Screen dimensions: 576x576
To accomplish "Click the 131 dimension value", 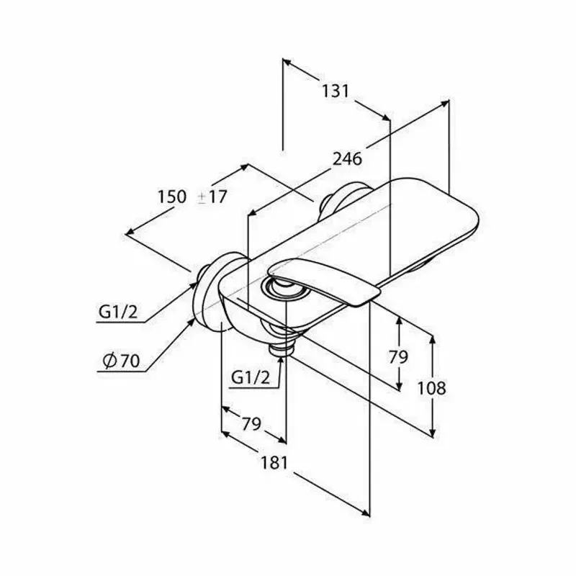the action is tap(336, 91).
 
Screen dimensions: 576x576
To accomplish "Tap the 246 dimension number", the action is tap(347, 159).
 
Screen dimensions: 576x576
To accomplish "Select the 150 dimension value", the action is tap(172, 197).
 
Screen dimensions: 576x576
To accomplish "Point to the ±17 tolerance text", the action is tap(212, 197).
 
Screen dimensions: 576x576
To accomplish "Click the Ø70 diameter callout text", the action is tap(122, 361).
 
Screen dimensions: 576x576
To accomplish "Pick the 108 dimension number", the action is tap(432, 388).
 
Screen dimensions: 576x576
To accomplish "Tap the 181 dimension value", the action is tap(274, 463).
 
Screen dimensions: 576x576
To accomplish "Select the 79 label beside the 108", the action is tap(399, 356).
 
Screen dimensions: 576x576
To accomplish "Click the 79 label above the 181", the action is tap(251, 424).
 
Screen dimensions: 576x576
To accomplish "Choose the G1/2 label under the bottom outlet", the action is tap(251, 377).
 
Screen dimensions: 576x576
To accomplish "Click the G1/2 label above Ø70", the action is tap(118, 312).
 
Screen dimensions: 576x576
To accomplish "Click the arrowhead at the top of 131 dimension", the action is tap(287, 62).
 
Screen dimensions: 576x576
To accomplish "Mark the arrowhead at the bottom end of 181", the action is tap(366, 513).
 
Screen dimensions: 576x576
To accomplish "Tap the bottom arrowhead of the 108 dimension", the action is tap(433, 433).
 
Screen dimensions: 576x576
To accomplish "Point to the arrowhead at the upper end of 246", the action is tap(444, 104).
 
